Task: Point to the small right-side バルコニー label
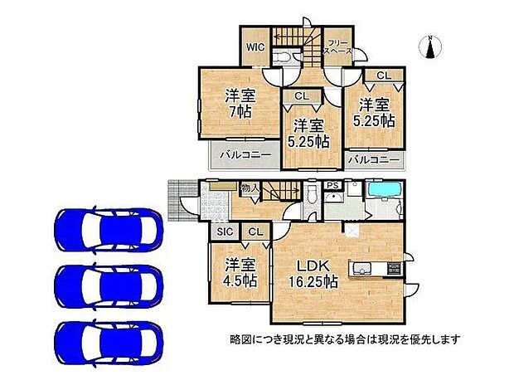tap(374, 158)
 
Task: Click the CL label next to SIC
tap(255, 233)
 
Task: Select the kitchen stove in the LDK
tap(391, 268)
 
